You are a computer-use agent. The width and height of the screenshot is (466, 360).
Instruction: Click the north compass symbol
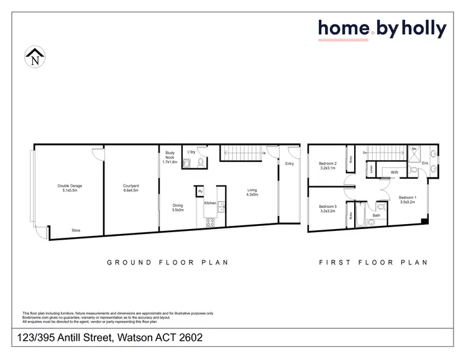tap(35, 58)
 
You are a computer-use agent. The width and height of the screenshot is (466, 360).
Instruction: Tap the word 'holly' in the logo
tap(423, 29)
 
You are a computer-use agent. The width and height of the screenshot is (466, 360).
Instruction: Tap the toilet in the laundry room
tap(199, 163)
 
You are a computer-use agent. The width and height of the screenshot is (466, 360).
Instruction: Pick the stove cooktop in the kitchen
tap(209, 222)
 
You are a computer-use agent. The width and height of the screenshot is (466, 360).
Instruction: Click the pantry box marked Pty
tap(200, 192)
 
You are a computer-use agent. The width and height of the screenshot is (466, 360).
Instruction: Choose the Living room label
tap(252, 191)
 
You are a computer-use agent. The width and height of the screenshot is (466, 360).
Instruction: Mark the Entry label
tap(290, 164)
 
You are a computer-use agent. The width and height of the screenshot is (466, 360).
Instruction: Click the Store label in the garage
tap(76, 230)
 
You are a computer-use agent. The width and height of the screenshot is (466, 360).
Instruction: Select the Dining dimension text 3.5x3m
tap(178, 210)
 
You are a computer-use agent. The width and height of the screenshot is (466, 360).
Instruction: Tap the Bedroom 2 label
tap(327, 163)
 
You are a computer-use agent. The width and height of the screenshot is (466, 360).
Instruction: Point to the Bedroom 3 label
tap(327, 207)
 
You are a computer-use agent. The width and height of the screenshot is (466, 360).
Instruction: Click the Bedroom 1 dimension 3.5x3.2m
tap(408, 202)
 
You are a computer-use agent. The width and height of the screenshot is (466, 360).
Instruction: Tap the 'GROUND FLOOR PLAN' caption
tap(168, 263)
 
